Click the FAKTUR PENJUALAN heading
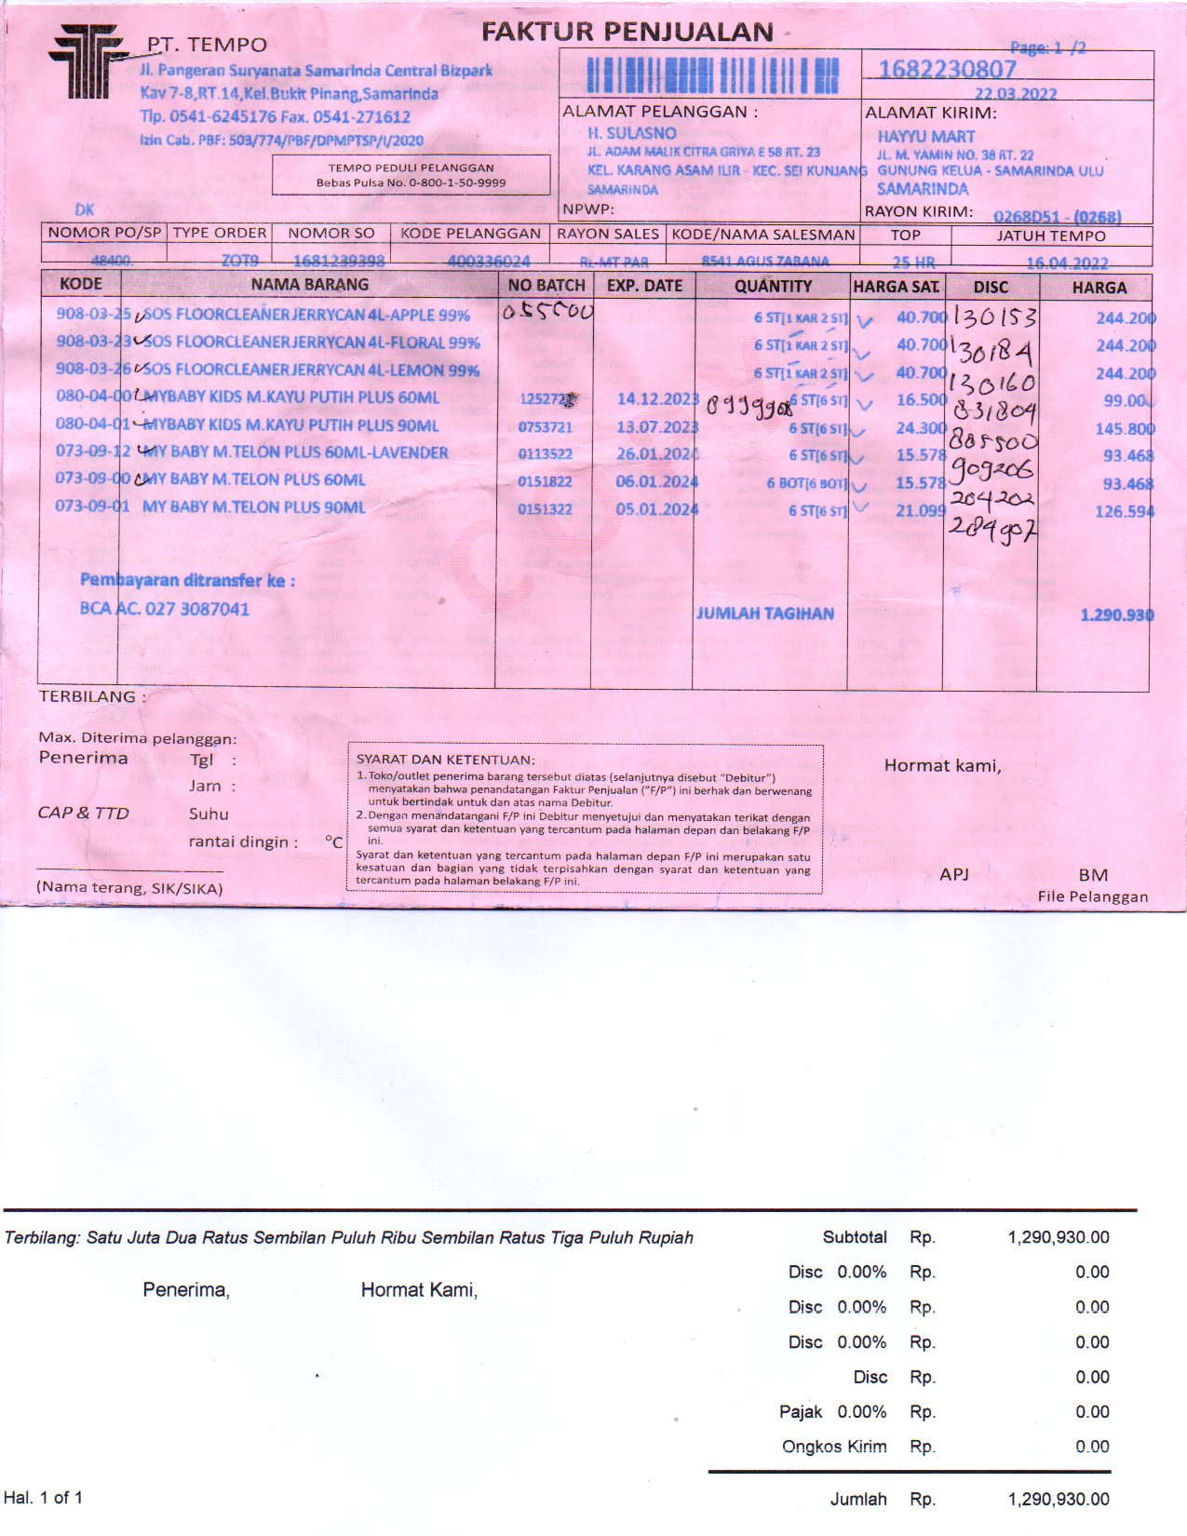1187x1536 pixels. [627, 32]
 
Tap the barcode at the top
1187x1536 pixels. [712, 74]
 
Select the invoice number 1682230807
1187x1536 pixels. [947, 69]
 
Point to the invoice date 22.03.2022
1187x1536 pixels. [1016, 94]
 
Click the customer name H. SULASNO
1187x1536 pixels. [631, 133]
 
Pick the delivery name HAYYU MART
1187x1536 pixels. [925, 136]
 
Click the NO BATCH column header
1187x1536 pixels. [546, 286]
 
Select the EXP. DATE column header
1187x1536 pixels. [644, 286]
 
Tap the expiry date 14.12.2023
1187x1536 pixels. [656, 398]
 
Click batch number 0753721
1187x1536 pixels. [545, 426]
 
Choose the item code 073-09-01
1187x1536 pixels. [92, 507]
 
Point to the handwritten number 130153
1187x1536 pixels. [994, 318]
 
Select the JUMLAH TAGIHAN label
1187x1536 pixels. [764, 613]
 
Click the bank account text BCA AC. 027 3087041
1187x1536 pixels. [165, 609]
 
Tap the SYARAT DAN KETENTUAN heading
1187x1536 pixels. [445, 760]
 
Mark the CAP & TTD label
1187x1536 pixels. [83, 813]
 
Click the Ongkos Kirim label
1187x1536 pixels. [833, 1447]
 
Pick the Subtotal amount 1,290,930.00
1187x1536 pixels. [1058, 1237]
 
